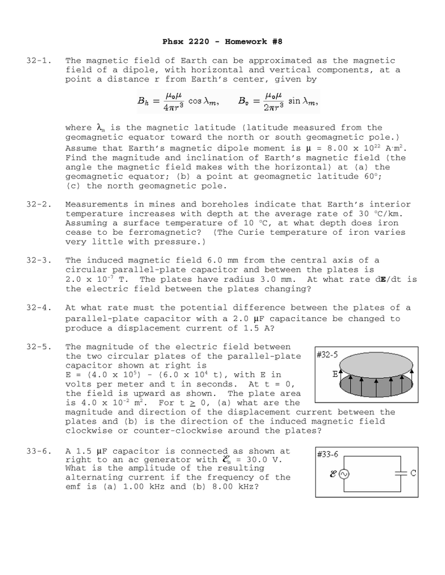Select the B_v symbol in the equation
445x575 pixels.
245,101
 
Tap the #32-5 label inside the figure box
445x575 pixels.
327,354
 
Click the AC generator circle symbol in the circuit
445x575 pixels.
344,473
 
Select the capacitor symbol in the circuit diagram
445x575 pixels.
400,473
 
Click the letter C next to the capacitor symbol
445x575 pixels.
413,473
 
